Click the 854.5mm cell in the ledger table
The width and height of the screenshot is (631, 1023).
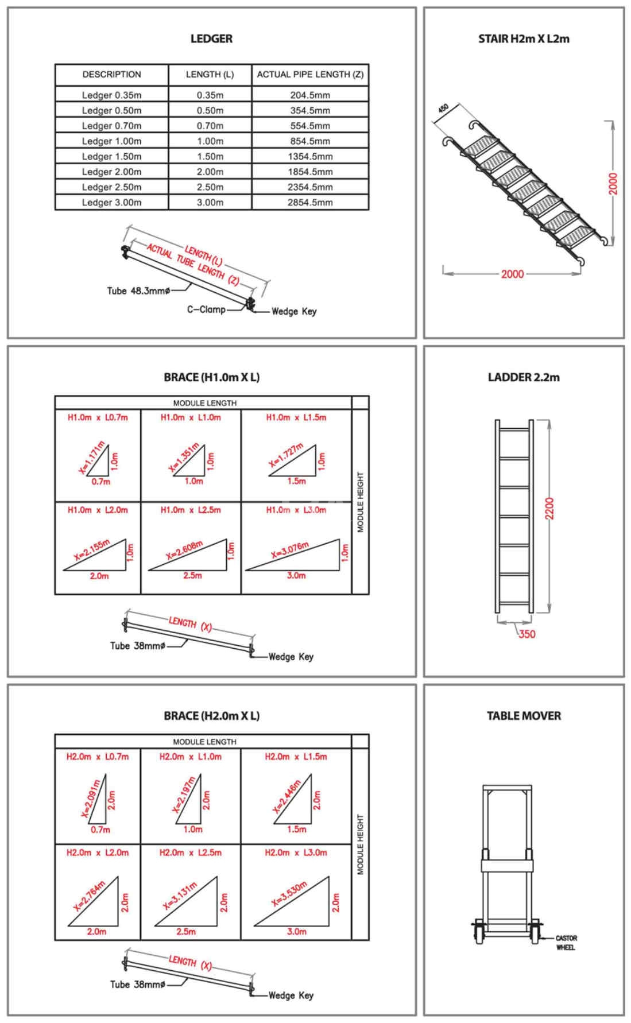pos(310,141)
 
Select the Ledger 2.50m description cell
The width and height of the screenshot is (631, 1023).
pos(111,187)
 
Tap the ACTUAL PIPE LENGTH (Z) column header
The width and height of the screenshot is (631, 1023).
pos(310,75)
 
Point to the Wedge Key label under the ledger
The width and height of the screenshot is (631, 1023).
pos(293,312)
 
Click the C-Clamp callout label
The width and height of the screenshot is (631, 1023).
pos(206,309)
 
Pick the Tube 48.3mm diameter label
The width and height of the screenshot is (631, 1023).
pos(138,291)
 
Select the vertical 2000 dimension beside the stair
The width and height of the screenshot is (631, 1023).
pos(613,184)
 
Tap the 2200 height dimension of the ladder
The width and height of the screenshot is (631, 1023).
pos(549,509)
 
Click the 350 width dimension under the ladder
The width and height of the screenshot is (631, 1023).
pos(527,634)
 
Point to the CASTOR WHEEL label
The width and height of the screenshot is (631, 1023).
pos(566,943)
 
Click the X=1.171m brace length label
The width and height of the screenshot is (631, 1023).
pos(92,458)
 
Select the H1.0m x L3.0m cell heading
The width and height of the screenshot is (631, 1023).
pos(296,510)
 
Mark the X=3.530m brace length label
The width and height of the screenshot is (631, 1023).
pos(289,893)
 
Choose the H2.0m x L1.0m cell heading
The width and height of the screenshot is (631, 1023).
pos(190,757)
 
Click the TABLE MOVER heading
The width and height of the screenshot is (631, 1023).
pos(524,716)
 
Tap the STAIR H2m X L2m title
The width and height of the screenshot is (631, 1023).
pos(524,39)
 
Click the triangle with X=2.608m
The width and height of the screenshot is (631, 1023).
pos(189,556)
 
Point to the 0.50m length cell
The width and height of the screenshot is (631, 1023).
pos(210,111)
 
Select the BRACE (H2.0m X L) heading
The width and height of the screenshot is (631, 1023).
pos(211,716)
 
